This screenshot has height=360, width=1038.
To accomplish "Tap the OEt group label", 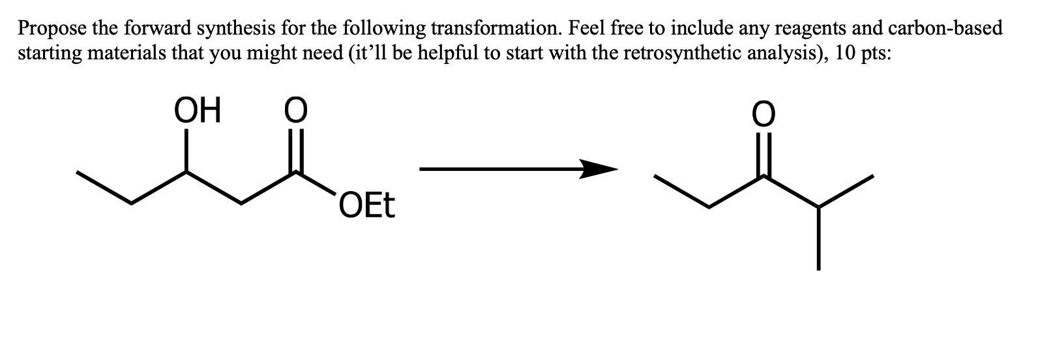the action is (x=367, y=207).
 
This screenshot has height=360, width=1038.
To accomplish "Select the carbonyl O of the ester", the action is (x=296, y=112).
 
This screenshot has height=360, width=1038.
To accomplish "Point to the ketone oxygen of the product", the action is (x=764, y=114).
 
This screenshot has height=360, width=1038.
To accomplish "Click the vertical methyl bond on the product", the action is (x=818, y=238).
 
